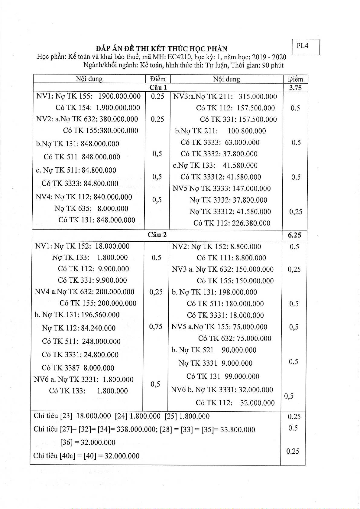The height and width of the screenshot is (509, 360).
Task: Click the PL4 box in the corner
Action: pyautogui.click(x=306, y=47)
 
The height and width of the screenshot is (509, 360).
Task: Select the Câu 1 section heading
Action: pyautogui.click(x=158, y=88)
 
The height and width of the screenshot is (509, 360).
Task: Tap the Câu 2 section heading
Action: pyautogui.click(x=157, y=235)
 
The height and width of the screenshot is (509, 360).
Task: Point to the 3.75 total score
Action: pyautogui.click(x=295, y=88)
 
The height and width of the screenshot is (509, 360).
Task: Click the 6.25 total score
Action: pyautogui.click(x=294, y=235)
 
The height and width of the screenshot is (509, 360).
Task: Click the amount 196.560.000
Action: pyautogui.click(x=100, y=315)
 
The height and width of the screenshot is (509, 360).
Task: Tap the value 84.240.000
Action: pyautogui.click(x=98, y=328)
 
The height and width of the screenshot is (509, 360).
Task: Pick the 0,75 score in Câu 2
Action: pyautogui.click(x=156, y=327)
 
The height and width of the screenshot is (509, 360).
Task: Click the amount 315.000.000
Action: pyautogui.click(x=258, y=96)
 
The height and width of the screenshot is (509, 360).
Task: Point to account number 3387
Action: pyautogui.click(x=72, y=368)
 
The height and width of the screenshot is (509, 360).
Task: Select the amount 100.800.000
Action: pyautogui.click(x=247, y=131)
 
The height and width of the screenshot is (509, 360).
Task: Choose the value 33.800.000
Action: pyautogui.click(x=238, y=429)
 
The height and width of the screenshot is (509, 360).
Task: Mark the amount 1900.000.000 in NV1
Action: pyautogui.click(x=119, y=96)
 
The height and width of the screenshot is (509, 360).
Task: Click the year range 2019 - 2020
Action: pyautogui.click(x=269, y=57)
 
